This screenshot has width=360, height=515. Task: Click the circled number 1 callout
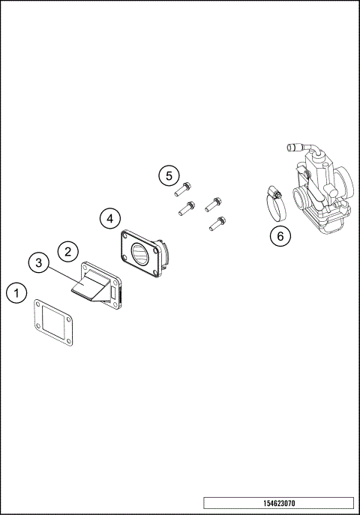point(16,292)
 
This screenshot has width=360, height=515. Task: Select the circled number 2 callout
point(67,250)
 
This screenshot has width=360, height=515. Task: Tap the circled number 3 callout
point(40,263)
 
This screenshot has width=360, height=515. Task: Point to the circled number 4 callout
point(110,218)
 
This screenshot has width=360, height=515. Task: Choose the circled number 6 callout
point(280,236)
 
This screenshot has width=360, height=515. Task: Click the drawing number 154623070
point(278,503)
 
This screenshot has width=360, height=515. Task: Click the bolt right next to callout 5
point(187,187)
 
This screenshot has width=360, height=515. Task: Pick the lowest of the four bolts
point(217,223)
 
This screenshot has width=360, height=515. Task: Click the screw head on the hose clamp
point(277,193)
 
